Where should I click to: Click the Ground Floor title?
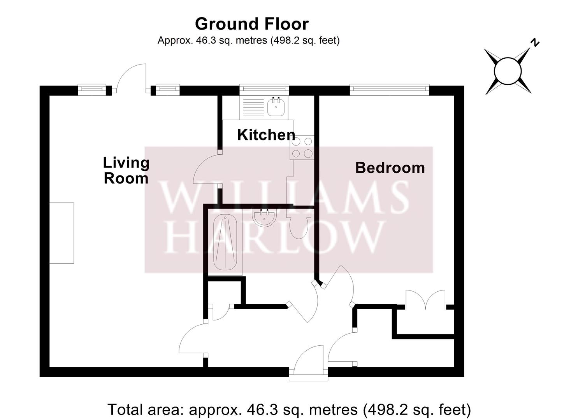251,24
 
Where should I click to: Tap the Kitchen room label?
266,135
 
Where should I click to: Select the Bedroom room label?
390,168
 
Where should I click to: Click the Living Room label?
126,170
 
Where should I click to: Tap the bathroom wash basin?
264,217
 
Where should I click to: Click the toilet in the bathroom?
299,225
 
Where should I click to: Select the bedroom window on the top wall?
389,90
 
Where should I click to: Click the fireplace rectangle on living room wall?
61,233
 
